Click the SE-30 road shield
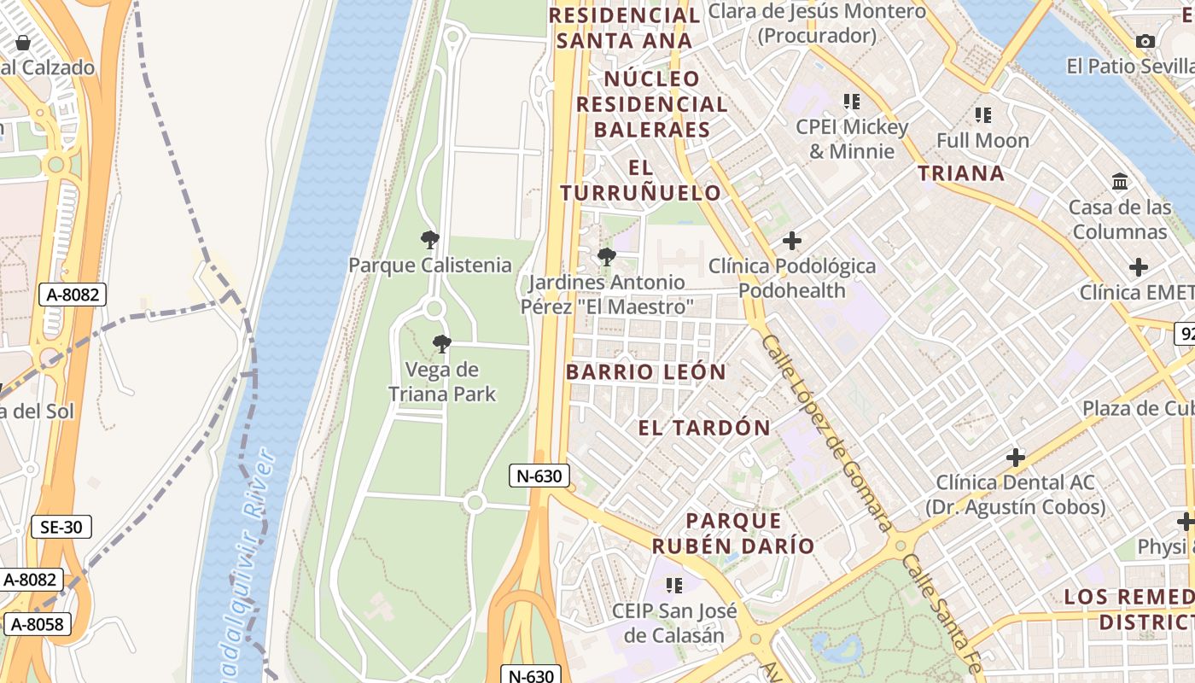click(61, 527)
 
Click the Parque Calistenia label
click(430, 265)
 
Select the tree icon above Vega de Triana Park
click(441, 344)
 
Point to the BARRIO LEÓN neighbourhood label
click(645, 372)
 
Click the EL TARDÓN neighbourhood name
click(704, 428)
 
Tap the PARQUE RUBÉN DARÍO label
click(733, 534)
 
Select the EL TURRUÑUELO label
click(641, 180)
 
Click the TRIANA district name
click(961, 173)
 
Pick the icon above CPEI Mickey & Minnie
click(851, 102)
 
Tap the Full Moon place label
click(982, 140)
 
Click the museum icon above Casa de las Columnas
click(1120, 181)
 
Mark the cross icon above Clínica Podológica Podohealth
click(792, 241)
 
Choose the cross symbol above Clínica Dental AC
click(1015, 458)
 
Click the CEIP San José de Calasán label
click(674, 623)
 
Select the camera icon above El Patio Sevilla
click(1145, 41)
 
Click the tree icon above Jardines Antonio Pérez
click(606, 256)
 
